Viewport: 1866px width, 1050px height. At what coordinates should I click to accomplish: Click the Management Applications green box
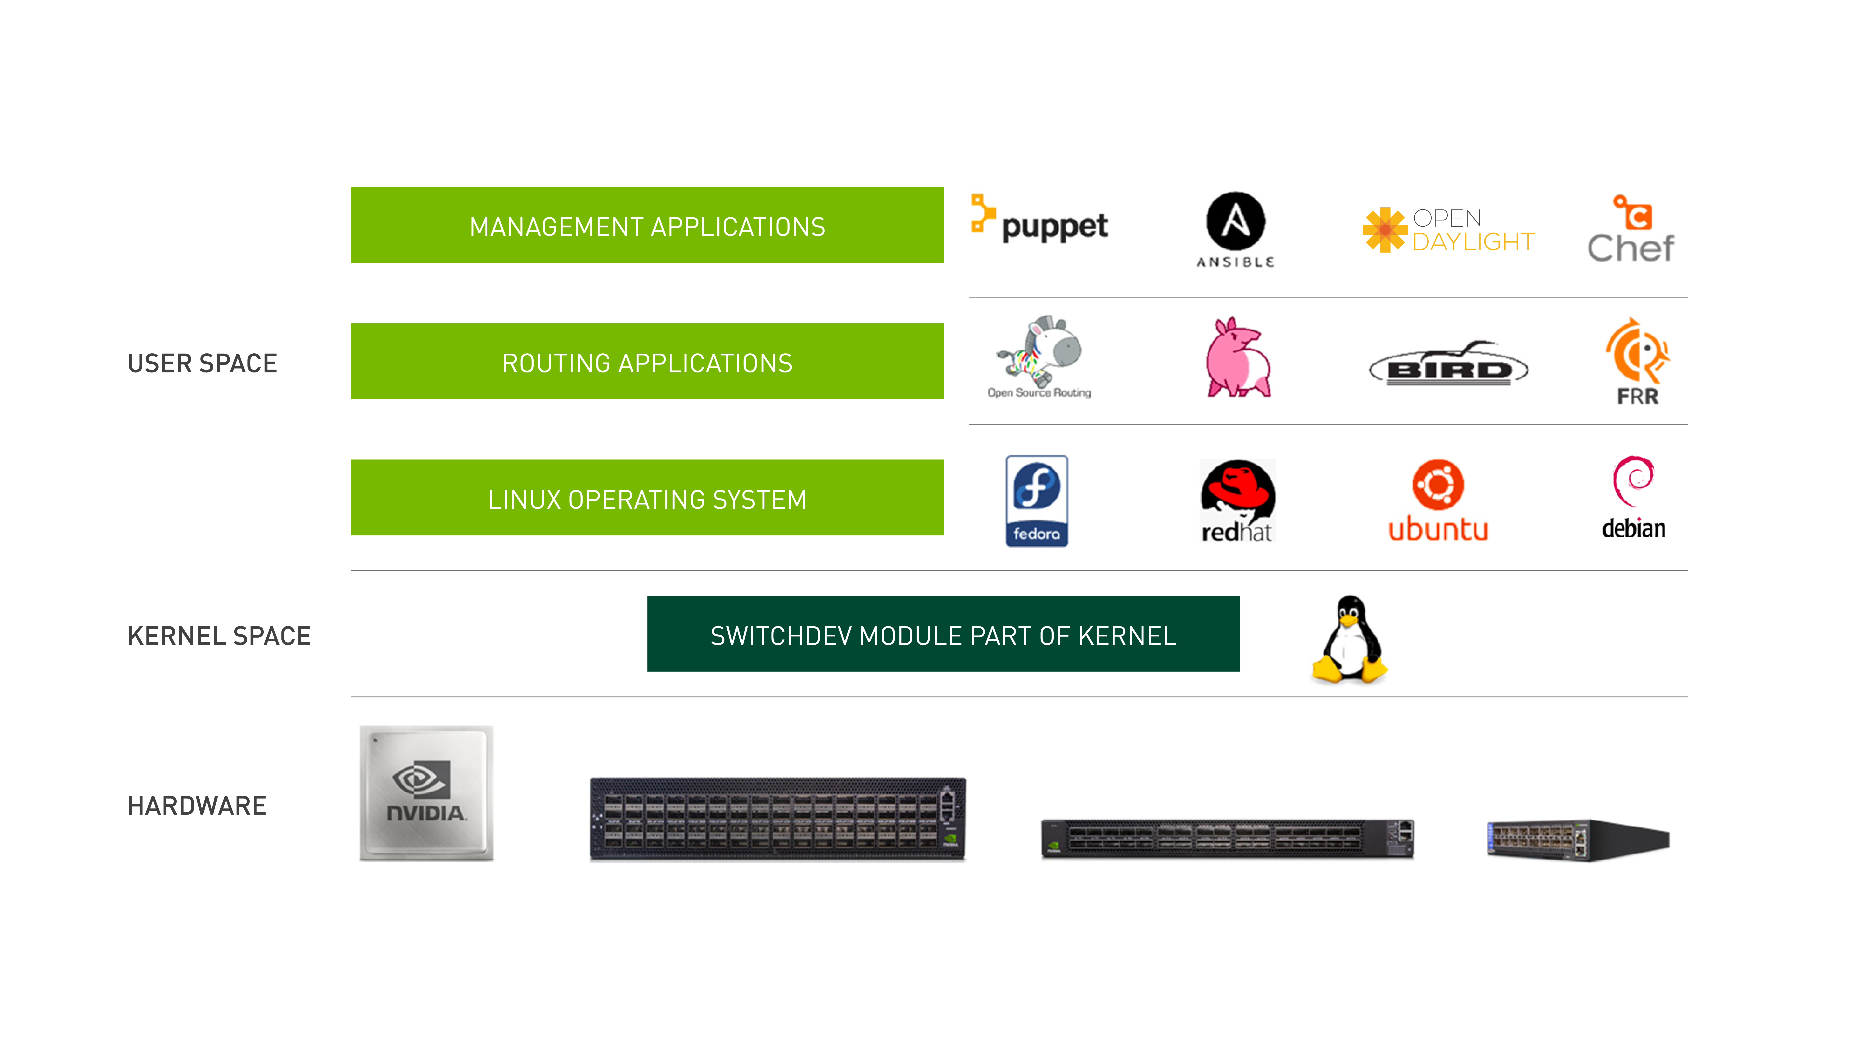tap(647, 225)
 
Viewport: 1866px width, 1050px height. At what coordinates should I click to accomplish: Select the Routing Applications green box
tap(647, 361)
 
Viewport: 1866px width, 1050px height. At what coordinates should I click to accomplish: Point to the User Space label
tap(202, 363)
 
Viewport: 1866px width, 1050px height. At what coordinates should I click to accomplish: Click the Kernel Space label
tap(219, 636)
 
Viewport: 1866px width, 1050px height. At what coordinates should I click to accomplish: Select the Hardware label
tap(197, 805)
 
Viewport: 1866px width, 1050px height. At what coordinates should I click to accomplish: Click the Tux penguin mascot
tap(1349, 639)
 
